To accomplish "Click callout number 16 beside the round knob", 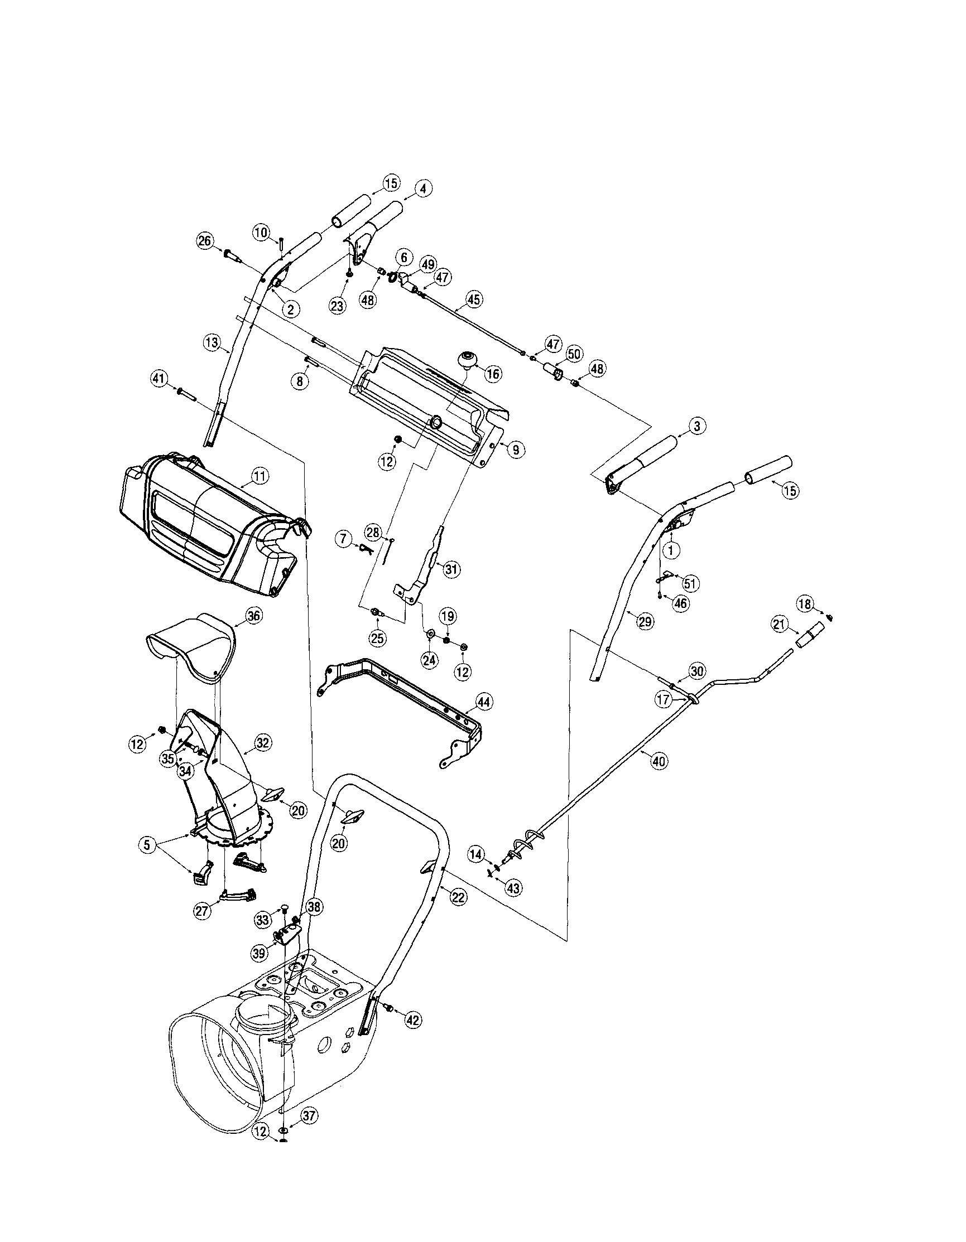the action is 493,374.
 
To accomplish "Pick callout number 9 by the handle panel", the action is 515,450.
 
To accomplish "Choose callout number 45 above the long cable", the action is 473,298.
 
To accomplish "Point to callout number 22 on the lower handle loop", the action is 459,897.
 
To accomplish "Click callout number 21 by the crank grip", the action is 779,625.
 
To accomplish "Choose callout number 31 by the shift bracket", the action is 451,569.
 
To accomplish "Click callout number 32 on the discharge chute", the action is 263,742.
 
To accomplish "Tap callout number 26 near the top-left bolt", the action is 204,240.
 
